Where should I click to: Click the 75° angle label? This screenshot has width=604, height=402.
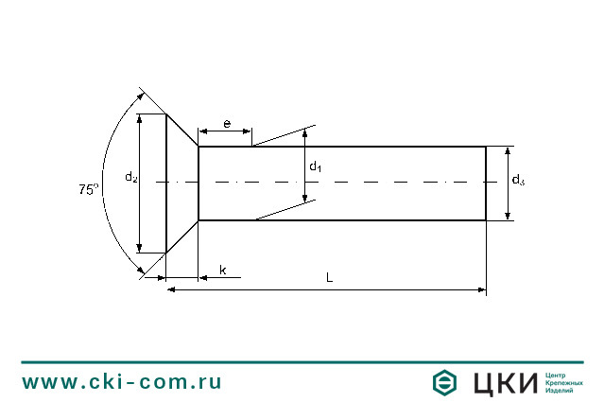pyautogui.click(x=88, y=189)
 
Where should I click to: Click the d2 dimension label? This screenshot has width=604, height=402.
pyautogui.click(x=131, y=177)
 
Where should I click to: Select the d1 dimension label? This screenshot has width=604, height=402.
pyautogui.click(x=316, y=167)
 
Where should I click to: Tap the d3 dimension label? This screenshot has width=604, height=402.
pyautogui.click(x=518, y=180)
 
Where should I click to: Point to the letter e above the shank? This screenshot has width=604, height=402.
pyautogui.click(x=227, y=124)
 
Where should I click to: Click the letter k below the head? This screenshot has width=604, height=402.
pyautogui.click(x=223, y=271)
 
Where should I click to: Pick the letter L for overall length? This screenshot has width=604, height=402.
pyautogui.click(x=329, y=278)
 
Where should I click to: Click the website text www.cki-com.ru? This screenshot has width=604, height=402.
pyautogui.click(x=122, y=381)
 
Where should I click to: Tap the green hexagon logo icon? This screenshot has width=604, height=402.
pyautogui.click(x=445, y=382)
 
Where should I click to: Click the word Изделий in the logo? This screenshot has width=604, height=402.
pyautogui.click(x=561, y=390)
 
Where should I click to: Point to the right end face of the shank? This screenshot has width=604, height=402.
pyautogui.click(x=486, y=183)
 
